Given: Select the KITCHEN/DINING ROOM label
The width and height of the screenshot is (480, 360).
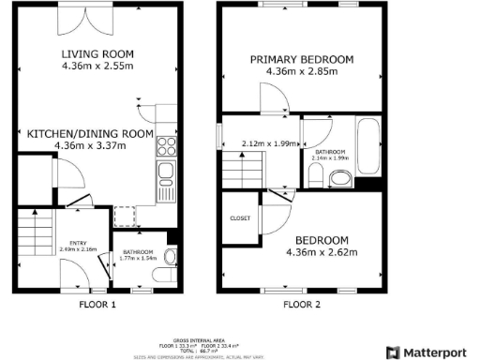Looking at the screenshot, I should point(90,134).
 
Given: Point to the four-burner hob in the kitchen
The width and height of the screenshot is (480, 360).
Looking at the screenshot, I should point(167,145).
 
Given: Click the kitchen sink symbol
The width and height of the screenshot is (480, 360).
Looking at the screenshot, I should point(167,171).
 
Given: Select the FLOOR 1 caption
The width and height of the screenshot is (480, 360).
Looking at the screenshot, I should point(97,305).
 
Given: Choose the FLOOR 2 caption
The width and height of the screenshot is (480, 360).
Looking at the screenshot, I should point(302,305).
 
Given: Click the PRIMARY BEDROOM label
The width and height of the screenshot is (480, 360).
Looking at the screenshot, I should point(301,60).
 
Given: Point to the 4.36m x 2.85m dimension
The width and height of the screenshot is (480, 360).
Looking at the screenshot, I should point(301,73).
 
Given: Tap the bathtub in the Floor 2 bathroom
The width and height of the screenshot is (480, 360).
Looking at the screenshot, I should point(366,148).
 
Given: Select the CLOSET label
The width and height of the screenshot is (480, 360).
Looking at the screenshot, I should point(239,217).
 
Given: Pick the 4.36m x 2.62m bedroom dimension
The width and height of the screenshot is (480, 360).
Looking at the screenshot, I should point(323,252).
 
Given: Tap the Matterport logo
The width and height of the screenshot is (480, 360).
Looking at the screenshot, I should point(432,352).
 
